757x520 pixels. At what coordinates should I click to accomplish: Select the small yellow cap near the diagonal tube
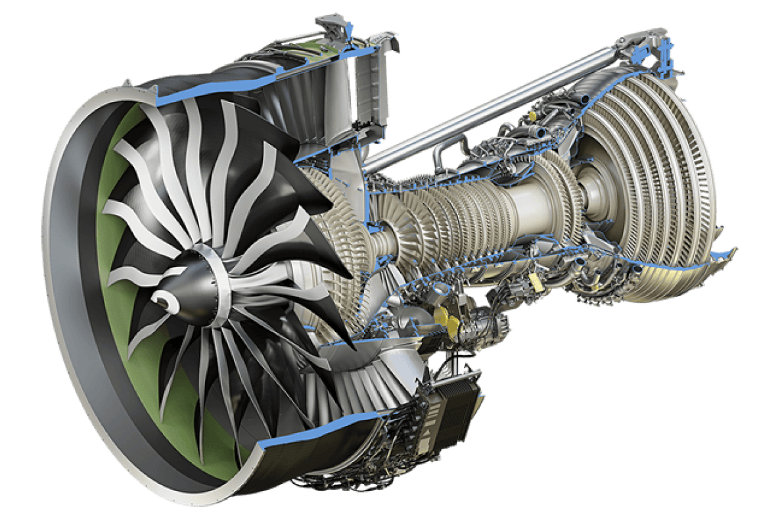pyautogui.click(x=532, y=118)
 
